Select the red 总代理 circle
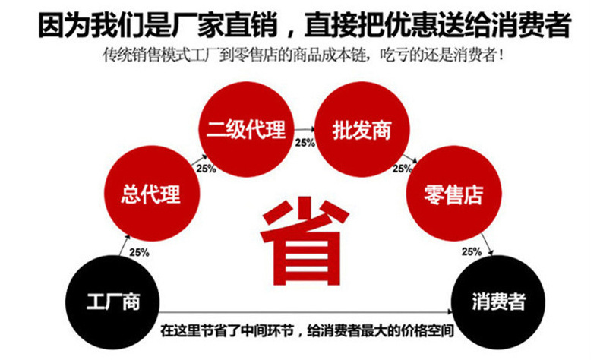[150, 194]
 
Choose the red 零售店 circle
[453, 194]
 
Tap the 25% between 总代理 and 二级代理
[206, 168]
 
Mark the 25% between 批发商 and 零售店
[401, 168]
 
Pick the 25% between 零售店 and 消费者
[471, 251]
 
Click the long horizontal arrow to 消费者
[304, 313]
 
